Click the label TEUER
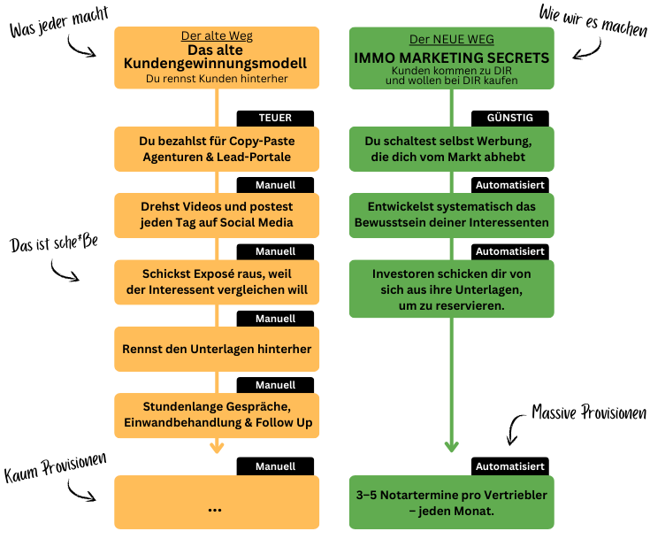click(275, 118)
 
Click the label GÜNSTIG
click(510, 118)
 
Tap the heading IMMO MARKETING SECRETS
click(451, 58)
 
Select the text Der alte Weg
click(217, 36)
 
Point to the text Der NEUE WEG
click(451, 40)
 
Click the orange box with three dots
click(217, 502)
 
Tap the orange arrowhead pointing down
click(217, 449)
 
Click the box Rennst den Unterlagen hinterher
click(217, 349)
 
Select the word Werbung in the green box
click(507, 141)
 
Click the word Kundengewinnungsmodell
click(217, 64)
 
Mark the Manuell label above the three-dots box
click(275, 466)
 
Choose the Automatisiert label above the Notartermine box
click(510, 466)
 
